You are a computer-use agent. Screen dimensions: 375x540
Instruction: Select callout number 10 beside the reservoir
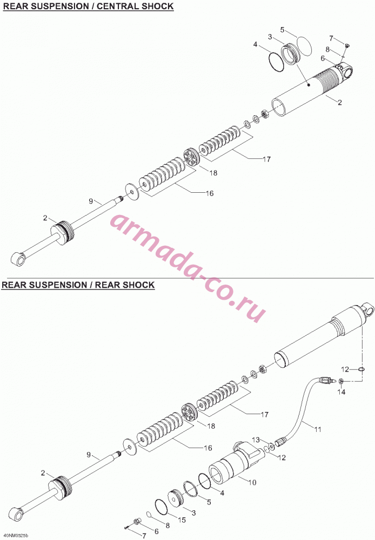coord(252,482)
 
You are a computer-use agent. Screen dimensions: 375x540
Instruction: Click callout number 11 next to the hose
coord(318,429)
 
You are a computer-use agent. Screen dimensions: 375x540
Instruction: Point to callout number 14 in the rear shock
coord(341,392)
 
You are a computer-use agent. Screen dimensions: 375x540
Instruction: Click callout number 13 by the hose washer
coord(256,440)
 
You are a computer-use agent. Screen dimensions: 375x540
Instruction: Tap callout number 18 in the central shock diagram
coord(213,173)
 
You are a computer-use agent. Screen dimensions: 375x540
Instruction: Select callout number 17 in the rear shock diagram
coord(265,414)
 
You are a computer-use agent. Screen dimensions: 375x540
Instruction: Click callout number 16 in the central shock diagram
coord(210,193)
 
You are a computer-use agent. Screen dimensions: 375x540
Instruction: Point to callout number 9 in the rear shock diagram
coord(89,455)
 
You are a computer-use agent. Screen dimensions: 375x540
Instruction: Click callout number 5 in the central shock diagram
coord(282,30)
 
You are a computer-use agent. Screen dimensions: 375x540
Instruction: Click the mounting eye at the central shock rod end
coord(18,258)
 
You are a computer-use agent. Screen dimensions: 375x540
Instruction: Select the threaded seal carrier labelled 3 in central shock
coord(291,53)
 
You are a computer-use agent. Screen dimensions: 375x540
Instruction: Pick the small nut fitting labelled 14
coord(340,381)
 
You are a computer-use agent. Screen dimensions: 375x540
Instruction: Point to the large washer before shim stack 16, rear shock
coord(130,447)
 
